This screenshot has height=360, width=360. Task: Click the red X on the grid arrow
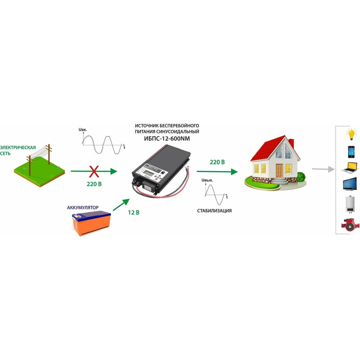[94, 172]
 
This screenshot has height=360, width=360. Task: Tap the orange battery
[91, 224]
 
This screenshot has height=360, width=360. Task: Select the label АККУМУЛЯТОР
[83, 208]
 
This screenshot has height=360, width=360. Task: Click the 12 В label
[133, 212]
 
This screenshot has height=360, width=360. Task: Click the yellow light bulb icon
[351, 135]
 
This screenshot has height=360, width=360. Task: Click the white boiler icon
[351, 204]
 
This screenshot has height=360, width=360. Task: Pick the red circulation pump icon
[350, 224]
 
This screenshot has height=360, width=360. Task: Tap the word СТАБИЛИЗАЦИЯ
[214, 211]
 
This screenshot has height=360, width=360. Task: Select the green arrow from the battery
[121, 204]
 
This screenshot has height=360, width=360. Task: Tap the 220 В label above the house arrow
[217, 162]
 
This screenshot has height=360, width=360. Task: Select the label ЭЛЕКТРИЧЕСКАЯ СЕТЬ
[18, 150]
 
